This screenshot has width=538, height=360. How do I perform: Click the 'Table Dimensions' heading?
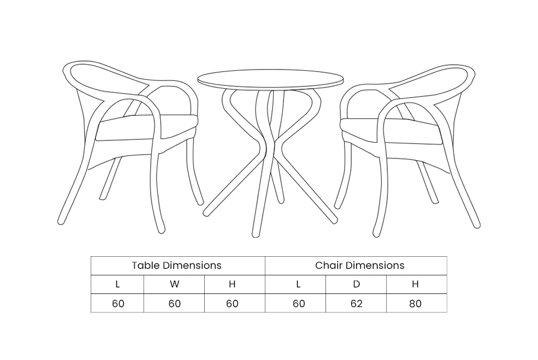coord(177,265)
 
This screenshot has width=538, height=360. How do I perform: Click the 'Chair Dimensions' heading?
coord(360,265)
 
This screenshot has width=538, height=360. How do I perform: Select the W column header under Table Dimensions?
coord(174,284)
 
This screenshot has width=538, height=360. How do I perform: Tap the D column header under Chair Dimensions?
coord(357,284)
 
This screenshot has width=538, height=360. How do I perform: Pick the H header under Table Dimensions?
coord(232,284)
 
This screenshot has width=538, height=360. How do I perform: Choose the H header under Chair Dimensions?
coord(415,284)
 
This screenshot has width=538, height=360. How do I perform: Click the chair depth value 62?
coord(357,304)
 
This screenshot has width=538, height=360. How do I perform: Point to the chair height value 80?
coord(415,304)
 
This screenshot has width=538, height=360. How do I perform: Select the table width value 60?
coord(175,304)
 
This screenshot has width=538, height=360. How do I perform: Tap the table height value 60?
coord(232,304)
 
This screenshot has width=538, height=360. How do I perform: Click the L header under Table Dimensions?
coord(118,284)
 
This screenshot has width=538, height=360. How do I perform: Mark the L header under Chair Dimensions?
coord(298,284)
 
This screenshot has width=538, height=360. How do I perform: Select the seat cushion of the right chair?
coord(391,131)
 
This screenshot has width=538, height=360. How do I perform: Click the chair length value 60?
coord(299,304)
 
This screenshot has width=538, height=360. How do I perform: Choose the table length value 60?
coord(118,304)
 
